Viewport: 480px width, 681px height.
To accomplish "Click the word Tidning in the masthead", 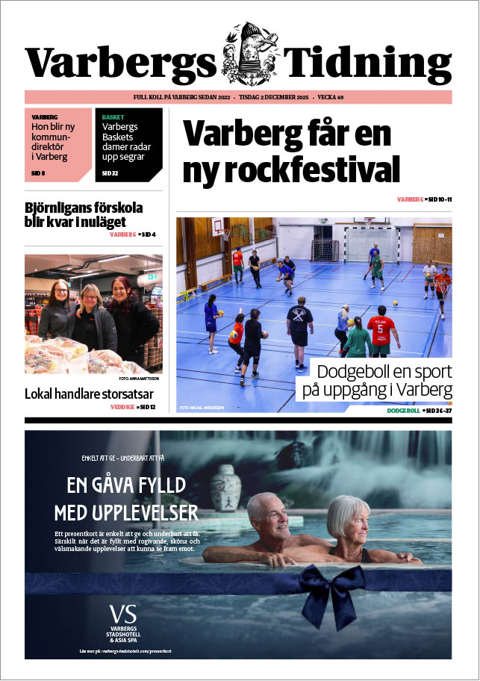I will pos(369,63).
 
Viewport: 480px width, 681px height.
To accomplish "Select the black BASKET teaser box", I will pos(128,145).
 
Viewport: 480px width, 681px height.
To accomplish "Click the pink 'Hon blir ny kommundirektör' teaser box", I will pos(58,145).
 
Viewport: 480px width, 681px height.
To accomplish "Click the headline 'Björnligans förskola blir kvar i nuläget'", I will pos(84,214).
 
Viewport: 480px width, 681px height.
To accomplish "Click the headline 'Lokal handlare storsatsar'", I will pos(89,394).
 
